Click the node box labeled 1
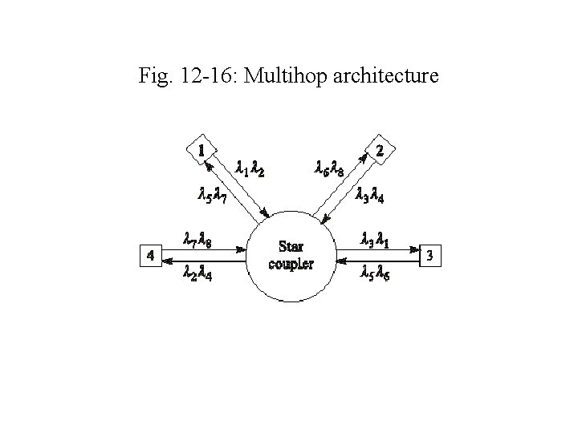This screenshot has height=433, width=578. [x=201, y=149]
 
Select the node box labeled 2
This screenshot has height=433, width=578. [x=380, y=150]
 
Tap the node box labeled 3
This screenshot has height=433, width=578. [x=430, y=256]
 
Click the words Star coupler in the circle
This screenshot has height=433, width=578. [x=291, y=254]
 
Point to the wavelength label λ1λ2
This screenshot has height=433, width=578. [x=251, y=168]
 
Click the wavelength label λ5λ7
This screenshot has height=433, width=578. [x=213, y=194]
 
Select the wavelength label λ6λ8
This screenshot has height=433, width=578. [x=331, y=168]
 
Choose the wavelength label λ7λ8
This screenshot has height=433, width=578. [x=198, y=237]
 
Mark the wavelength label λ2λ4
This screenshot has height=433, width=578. [x=198, y=273]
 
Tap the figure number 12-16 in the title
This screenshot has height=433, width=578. [x=205, y=77]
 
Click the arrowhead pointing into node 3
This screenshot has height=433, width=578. [x=415, y=249]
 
